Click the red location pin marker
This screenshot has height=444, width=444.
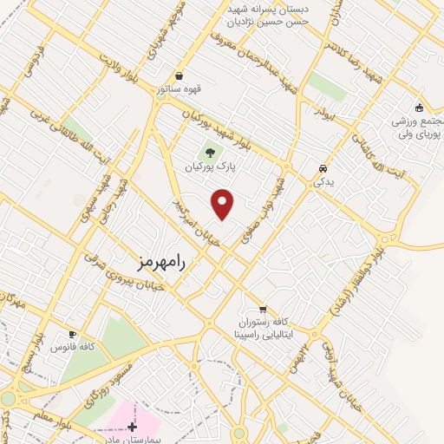(x=224, y=204)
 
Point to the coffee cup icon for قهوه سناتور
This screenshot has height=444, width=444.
(x=179, y=75)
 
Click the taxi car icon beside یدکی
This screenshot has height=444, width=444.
(x=323, y=168)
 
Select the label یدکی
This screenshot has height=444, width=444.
(x=323, y=182)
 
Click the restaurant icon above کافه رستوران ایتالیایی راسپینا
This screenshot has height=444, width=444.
(x=262, y=309)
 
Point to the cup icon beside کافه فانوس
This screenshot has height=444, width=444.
(x=72, y=334)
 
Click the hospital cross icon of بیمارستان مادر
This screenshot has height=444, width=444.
(x=132, y=426)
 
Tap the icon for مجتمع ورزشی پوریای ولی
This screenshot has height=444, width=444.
(x=419, y=108)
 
